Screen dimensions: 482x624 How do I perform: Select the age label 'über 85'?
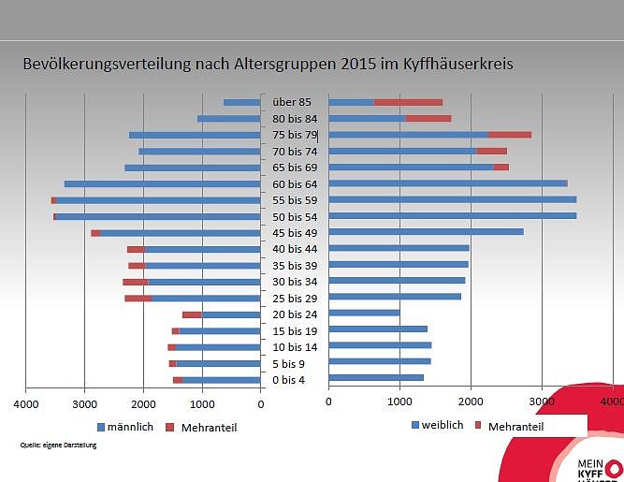pyautogui.click(x=292, y=102)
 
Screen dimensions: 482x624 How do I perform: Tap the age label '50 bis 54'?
pyautogui.click(x=295, y=216)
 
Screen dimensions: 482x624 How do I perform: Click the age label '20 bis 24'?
pyautogui.click(x=295, y=314)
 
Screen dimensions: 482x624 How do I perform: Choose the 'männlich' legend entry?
pyautogui.click(x=128, y=427)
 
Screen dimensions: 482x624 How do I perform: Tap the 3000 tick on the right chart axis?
pyautogui.click(x=541, y=402)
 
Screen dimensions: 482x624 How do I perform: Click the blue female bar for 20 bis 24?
pyautogui.click(x=364, y=313)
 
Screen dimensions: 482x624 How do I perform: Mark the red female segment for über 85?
pyautogui.click(x=408, y=102)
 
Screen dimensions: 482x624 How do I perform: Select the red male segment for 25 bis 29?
pyautogui.click(x=138, y=299)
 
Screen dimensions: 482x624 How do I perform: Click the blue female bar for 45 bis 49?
pyautogui.click(x=426, y=231)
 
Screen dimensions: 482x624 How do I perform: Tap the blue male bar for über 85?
pyautogui.click(x=241, y=103)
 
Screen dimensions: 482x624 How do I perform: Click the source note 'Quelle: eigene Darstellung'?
pyautogui.click(x=58, y=445)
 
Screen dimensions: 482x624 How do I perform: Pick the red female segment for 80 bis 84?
pyautogui.click(x=428, y=119)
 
